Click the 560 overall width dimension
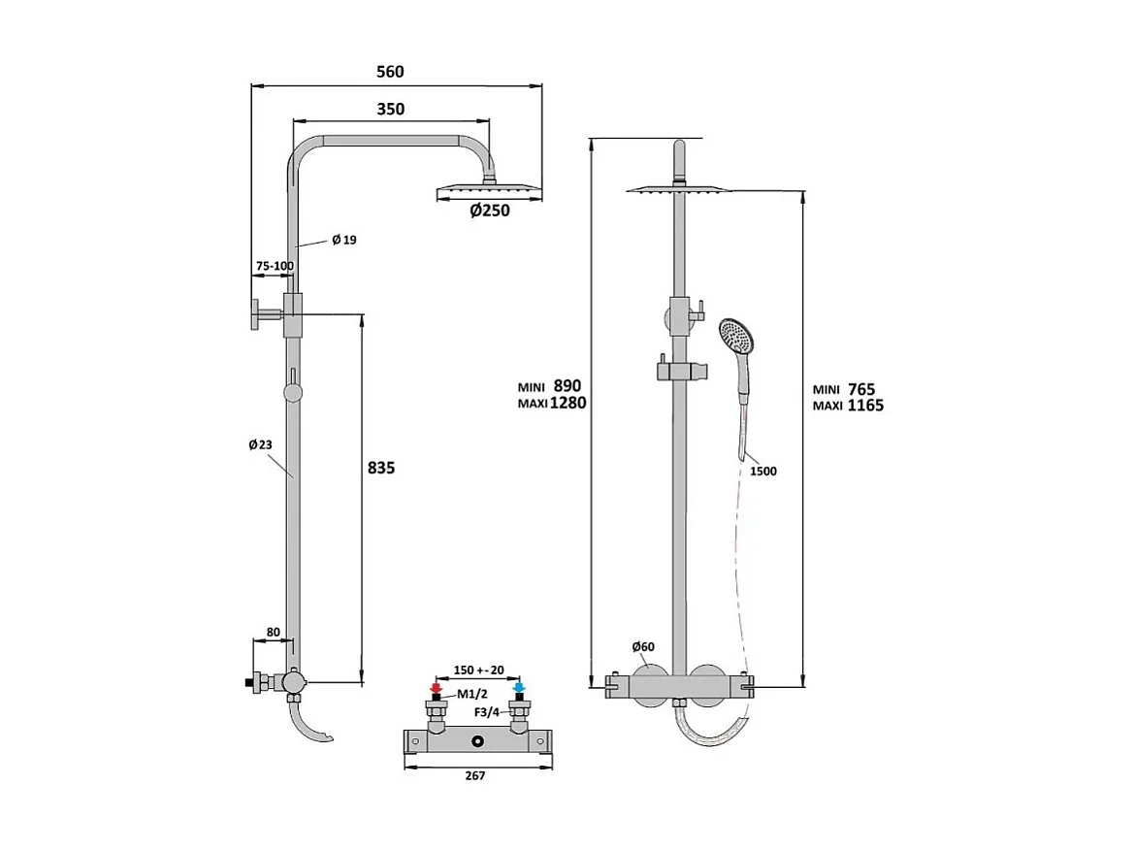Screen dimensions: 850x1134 (390, 72)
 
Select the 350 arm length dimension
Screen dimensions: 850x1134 (390, 110)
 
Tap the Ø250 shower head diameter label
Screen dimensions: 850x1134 (490, 212)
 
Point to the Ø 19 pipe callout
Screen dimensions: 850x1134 (343, 240)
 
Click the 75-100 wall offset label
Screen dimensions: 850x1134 (275, 266)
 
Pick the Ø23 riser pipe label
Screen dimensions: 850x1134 (259, 444)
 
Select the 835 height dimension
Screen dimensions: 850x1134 (381, 468)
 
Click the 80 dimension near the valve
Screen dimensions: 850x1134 (273, 633)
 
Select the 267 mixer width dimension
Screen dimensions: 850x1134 (474, 775)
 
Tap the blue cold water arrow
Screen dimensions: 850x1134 (519, 689)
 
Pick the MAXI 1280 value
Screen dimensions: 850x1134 (567, 404)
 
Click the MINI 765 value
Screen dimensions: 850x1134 (861, 388)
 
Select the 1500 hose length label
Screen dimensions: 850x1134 (762, 472)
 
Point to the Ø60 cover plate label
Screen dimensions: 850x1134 (643, 647)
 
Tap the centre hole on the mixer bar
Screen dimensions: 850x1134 (477, 742)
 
